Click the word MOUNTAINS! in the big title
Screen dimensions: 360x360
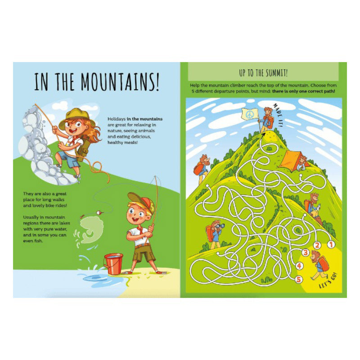[x=120, y=83]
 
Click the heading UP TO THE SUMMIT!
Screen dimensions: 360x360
[x=263, y=72]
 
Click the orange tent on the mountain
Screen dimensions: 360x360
[x=288, y=160]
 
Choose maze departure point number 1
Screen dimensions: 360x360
[x=330, y=245]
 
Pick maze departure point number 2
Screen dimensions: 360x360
[x=317, y=246]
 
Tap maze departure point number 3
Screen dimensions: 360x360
[x=306, y=252]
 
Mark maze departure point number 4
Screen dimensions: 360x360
[x=300, y=266]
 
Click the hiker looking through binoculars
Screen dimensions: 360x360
[x=214, y=234]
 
